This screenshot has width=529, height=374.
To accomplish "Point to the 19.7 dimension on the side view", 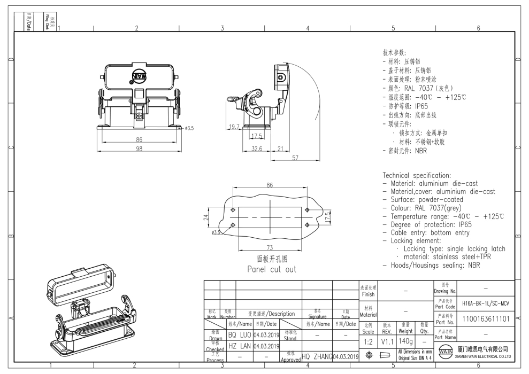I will (234, 127).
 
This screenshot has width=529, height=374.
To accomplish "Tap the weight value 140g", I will (406, 341).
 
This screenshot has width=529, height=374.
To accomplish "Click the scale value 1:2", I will (368, 341).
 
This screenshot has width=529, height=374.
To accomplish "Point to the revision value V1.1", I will (387, 341).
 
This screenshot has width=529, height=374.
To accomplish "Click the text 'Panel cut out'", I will (271, 269).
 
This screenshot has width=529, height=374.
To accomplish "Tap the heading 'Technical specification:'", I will (416, 175).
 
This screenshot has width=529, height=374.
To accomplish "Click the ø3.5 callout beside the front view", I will (190, 128).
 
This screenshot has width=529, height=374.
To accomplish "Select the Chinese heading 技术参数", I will (394, 53).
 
